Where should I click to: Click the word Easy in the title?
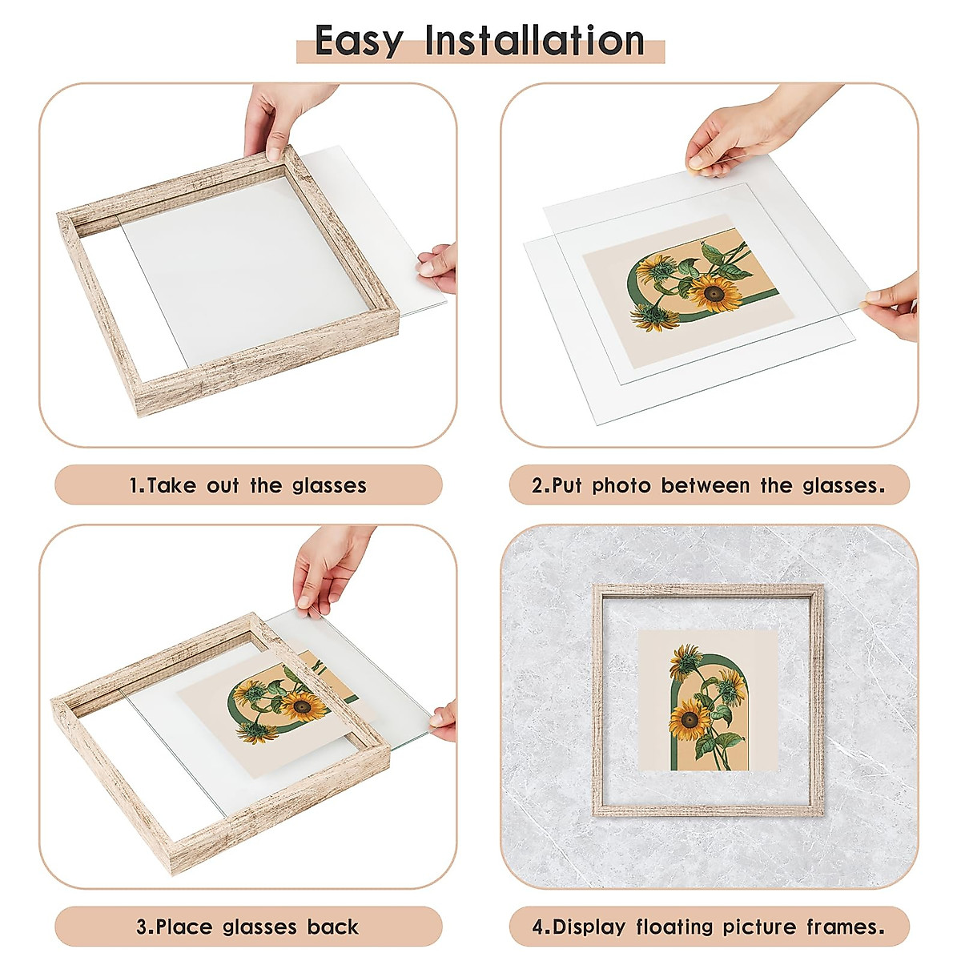coord(359,41)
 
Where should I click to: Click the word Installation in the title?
coord(534,41)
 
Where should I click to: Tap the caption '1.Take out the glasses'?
coord(248,485)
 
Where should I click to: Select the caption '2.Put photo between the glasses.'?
coord(710,485)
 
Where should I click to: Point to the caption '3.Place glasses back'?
coord(248,927)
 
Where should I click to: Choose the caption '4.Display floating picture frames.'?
coord(710,927)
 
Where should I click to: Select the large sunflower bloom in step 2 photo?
coord(715,295)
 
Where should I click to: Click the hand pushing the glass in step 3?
coord(328,565)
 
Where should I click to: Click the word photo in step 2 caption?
coord(621,485)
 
